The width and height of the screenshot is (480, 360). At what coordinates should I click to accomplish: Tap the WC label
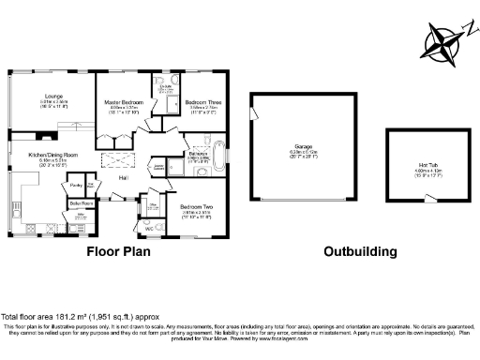(x=148, y=228)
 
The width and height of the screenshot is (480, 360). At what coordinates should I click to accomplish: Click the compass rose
(x=443, y=42)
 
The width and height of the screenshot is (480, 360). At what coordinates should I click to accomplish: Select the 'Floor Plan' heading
(x=119, y=251)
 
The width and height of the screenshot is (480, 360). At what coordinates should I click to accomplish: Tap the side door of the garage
(x=251, y=113)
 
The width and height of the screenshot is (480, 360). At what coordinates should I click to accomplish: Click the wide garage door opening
(x=303, y=200)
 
